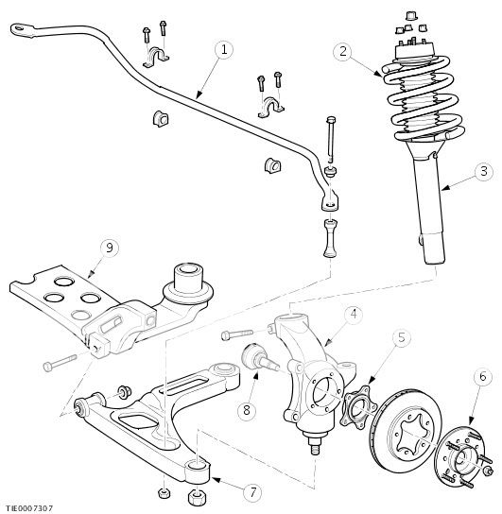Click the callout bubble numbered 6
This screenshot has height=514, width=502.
tap(482, 376)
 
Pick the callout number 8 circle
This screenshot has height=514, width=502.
tap(248, 410)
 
